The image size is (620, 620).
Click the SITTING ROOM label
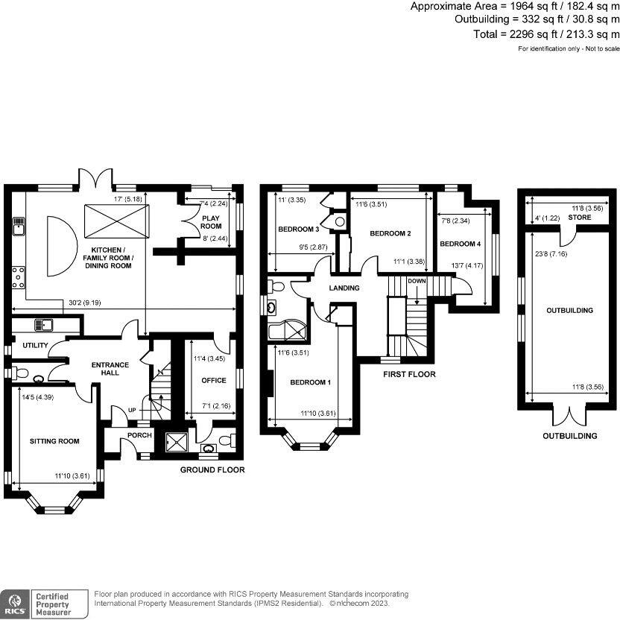(x=54, y=441)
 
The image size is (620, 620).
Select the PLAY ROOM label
(x=212, y=222)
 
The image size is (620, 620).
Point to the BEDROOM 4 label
(x=460, y=244)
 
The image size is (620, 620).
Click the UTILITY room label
(x=34, y=346)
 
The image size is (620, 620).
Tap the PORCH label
(x=139, y=435)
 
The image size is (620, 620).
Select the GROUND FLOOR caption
(x=212, y=470)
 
